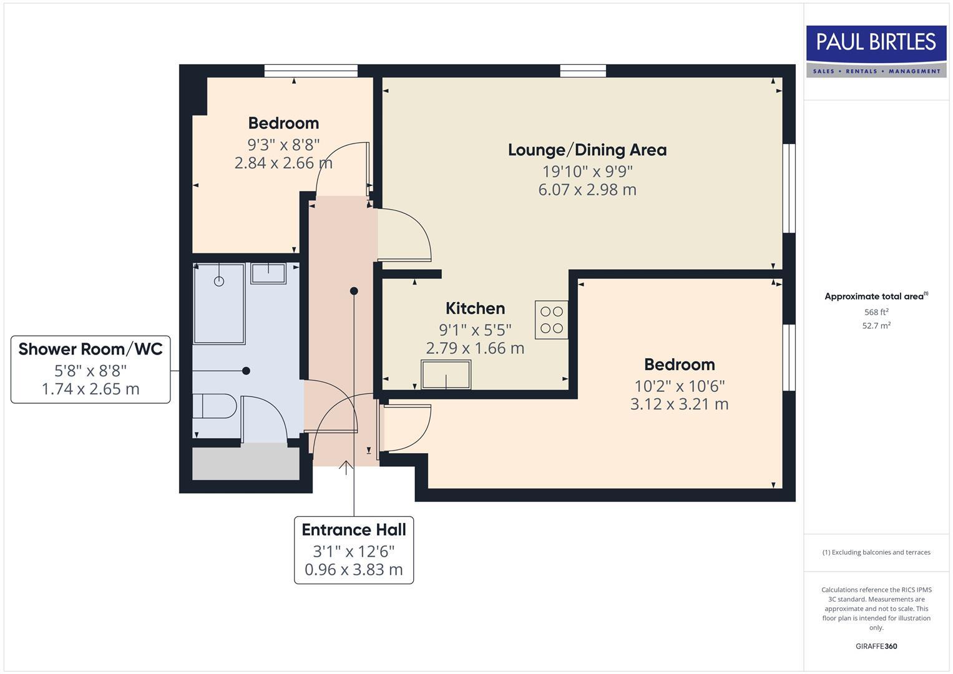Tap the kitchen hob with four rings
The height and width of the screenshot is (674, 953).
(551, 320)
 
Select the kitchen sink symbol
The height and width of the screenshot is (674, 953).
(446, 374)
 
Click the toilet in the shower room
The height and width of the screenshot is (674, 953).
(214, 406)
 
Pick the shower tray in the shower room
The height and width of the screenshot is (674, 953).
(218, 303)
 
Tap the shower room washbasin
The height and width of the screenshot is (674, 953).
(268, 273)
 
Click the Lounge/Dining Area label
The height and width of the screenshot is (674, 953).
(587, 150)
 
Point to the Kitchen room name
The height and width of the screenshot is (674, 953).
(475, 308)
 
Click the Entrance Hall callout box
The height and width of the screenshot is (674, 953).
(354, 550)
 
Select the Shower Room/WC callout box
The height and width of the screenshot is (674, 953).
(90, 369)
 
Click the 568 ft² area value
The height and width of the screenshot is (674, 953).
(876, 312)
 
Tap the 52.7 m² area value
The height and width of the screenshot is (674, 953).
(876, 326)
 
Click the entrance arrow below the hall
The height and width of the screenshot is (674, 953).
(346, 467)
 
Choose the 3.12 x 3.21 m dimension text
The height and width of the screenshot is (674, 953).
(679, 404)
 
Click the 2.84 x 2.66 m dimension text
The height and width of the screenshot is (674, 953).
(283, 163)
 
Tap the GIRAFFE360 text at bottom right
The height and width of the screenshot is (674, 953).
(876, 646)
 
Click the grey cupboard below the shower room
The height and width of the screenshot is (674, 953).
(246, 462)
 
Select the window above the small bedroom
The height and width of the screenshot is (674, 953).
(310, 71)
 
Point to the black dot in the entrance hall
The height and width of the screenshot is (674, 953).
(354, 291)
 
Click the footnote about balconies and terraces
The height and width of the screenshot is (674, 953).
(876, 552)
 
